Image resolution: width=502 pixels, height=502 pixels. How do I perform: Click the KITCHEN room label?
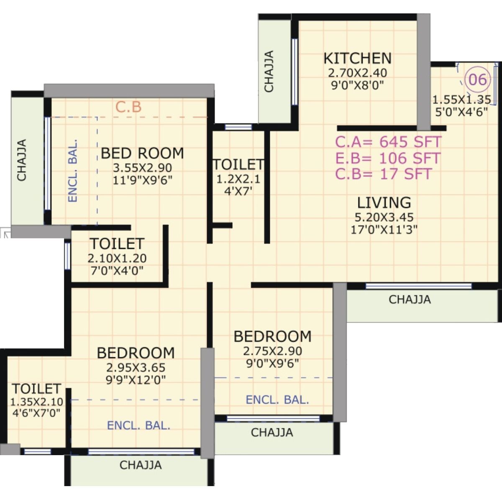358,58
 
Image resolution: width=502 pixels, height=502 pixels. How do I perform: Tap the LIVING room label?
384,202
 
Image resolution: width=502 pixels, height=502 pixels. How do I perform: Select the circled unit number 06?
478,79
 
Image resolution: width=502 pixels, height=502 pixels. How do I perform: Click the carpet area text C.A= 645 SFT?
388,142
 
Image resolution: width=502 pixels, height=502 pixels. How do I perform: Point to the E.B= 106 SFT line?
388,158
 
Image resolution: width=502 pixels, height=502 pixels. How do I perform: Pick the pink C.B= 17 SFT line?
383,174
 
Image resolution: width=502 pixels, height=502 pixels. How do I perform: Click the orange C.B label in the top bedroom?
128,107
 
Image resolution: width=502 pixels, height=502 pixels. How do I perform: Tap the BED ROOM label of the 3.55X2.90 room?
142,153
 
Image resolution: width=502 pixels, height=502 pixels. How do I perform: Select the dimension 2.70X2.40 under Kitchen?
357,73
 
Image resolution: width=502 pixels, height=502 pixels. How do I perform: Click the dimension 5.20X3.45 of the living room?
384,217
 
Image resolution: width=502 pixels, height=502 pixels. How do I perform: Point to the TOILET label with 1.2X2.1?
238,164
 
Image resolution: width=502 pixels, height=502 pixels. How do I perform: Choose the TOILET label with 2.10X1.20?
117,243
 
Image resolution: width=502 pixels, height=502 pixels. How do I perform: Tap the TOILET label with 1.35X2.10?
36,389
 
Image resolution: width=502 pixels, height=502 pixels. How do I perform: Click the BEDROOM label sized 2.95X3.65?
136,353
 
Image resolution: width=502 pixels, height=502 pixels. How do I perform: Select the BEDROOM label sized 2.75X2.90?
272,336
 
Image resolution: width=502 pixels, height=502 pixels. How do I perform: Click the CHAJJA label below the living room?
410,300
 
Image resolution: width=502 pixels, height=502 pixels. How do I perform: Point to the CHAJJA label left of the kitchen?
269,71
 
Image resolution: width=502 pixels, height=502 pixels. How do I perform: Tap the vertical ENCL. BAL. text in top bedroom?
73,171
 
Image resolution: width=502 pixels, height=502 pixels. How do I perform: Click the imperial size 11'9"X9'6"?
142,181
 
